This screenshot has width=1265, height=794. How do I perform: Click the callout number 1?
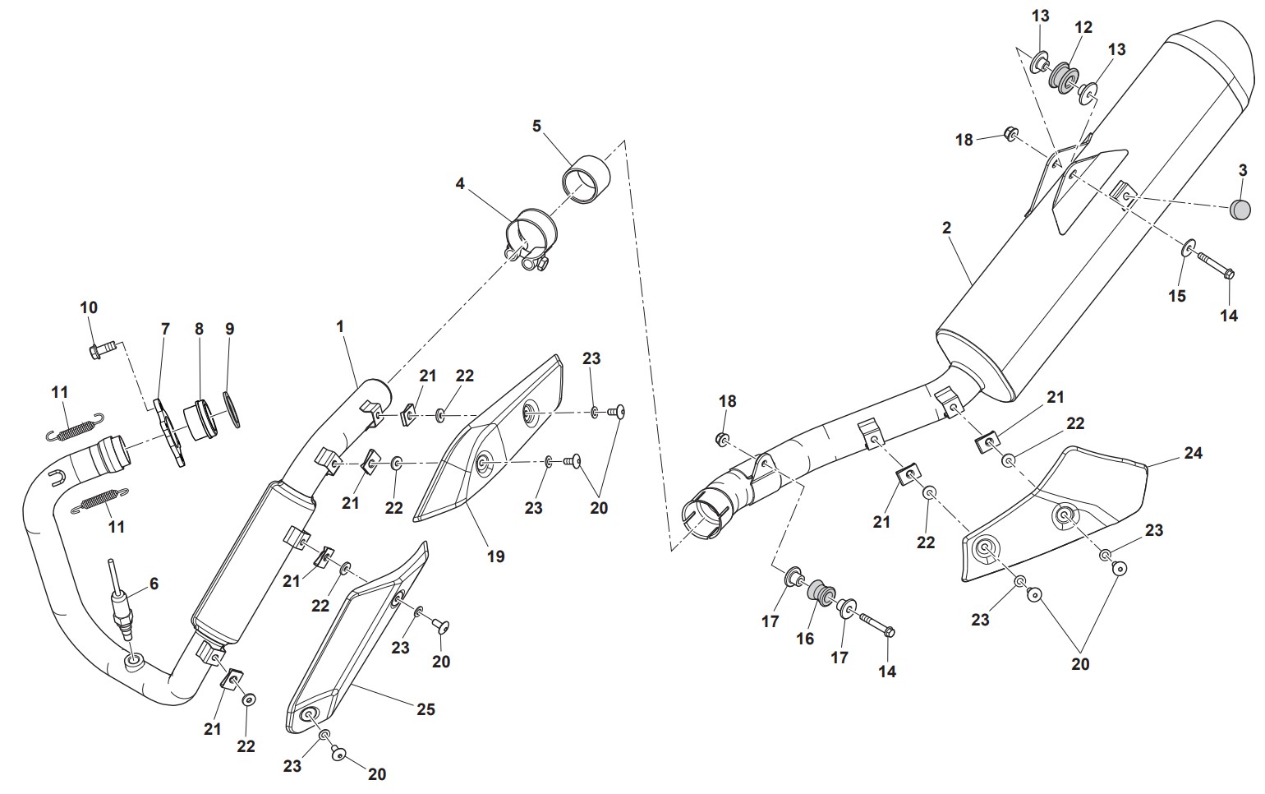[340, 326]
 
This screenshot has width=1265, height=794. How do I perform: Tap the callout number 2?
[946, 228]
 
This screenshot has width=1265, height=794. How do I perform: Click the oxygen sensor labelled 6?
[121, 604]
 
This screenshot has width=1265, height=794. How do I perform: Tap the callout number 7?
[165, 329]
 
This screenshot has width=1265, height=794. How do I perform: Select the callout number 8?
[199, 329]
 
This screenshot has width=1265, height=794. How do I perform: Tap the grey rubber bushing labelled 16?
[819, 591]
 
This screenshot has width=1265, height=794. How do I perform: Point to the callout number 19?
[495, 556]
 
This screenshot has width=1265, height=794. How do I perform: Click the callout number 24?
[1193, 452]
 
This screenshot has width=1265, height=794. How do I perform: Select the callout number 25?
[425, 709]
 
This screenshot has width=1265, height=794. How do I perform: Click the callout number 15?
[1177, 296]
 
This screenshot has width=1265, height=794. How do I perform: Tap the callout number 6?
[154, 584]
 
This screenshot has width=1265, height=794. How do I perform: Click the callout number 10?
[89, 307]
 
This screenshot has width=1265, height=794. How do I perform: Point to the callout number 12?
[1083, 27]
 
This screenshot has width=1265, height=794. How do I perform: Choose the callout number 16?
[805, 638]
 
